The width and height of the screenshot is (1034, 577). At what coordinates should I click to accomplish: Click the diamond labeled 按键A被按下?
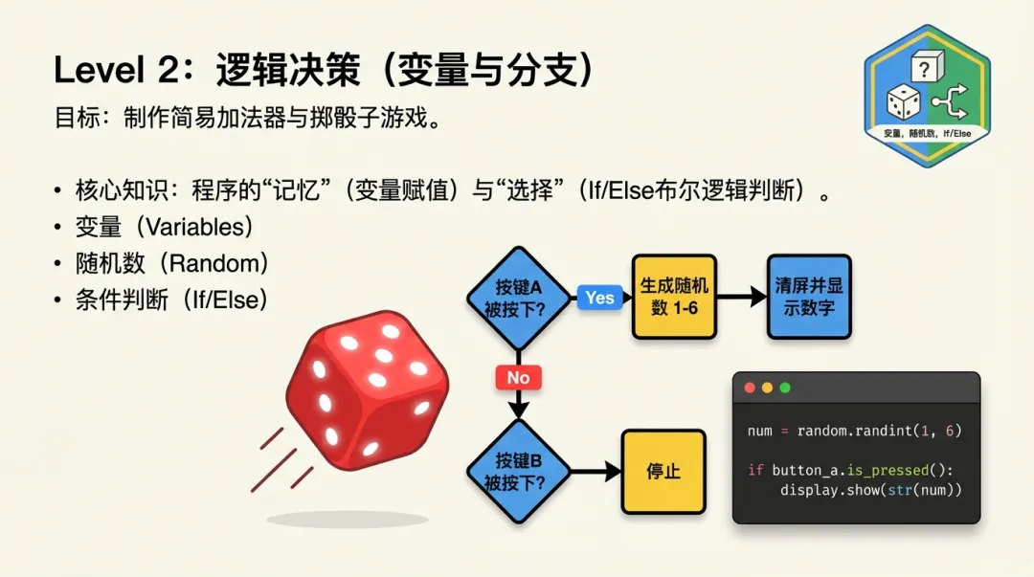point(518,298)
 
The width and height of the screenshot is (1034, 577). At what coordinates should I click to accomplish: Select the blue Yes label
point(599,298)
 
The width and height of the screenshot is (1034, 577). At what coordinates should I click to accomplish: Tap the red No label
point(518,377)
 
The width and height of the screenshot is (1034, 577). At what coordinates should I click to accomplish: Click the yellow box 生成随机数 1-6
point(674,297)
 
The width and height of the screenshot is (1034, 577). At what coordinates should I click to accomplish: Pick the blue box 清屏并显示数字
point(809,297)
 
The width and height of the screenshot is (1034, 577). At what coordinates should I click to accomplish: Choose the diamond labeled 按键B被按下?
point(518,472)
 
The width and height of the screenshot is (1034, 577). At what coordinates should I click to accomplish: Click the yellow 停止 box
point(663,472)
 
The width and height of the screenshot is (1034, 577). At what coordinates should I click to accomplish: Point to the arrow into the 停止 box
point(596,472)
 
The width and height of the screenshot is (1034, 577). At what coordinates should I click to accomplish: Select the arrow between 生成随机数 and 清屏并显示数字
point(742,297)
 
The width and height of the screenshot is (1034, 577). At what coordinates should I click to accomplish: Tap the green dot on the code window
point(785,388)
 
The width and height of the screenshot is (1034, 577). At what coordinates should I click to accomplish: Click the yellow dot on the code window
point(767,388)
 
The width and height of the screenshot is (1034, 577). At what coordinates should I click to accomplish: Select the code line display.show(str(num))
point(869,490)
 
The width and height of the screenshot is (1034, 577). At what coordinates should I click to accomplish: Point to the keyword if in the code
point(754,470)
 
